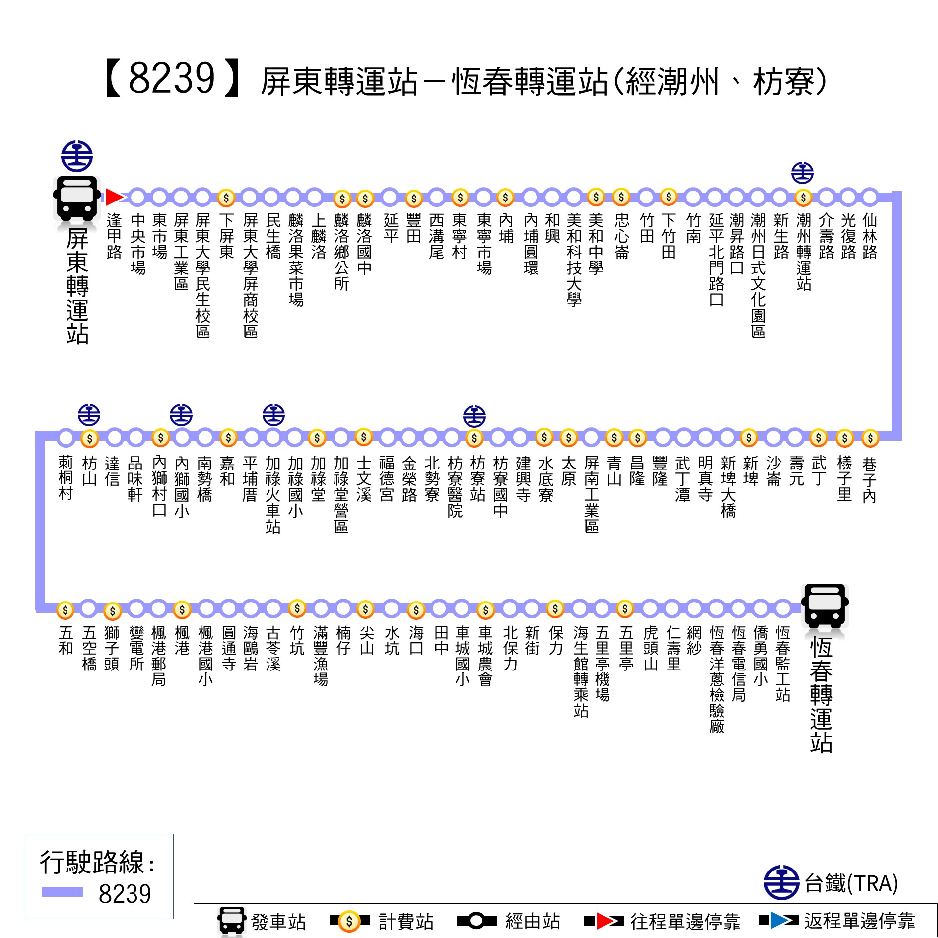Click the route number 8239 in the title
[171, 78]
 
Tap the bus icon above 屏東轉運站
[77, 199]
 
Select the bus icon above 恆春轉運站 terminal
[825, 606]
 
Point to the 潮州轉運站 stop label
[804, 252]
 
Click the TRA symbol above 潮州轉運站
[803, 173]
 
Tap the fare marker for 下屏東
[226, 198]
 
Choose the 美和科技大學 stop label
[574, 260]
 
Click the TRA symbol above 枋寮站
[474, 416]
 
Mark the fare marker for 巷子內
[871, 438]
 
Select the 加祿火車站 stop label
[273, 495]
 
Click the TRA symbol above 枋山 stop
[89, 415]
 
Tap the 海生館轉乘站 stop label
[581, 671]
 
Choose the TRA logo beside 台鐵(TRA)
[781, 883]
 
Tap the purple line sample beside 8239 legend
[62, 892]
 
